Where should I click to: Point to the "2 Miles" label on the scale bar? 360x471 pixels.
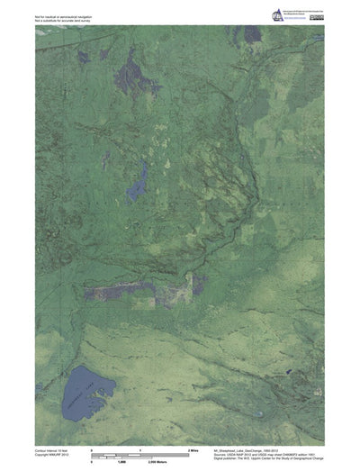[193, 449]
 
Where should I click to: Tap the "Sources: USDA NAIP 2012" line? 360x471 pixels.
[261, 454]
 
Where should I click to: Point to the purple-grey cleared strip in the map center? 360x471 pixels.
[135, 290]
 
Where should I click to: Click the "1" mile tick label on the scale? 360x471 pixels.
[140, 449]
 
